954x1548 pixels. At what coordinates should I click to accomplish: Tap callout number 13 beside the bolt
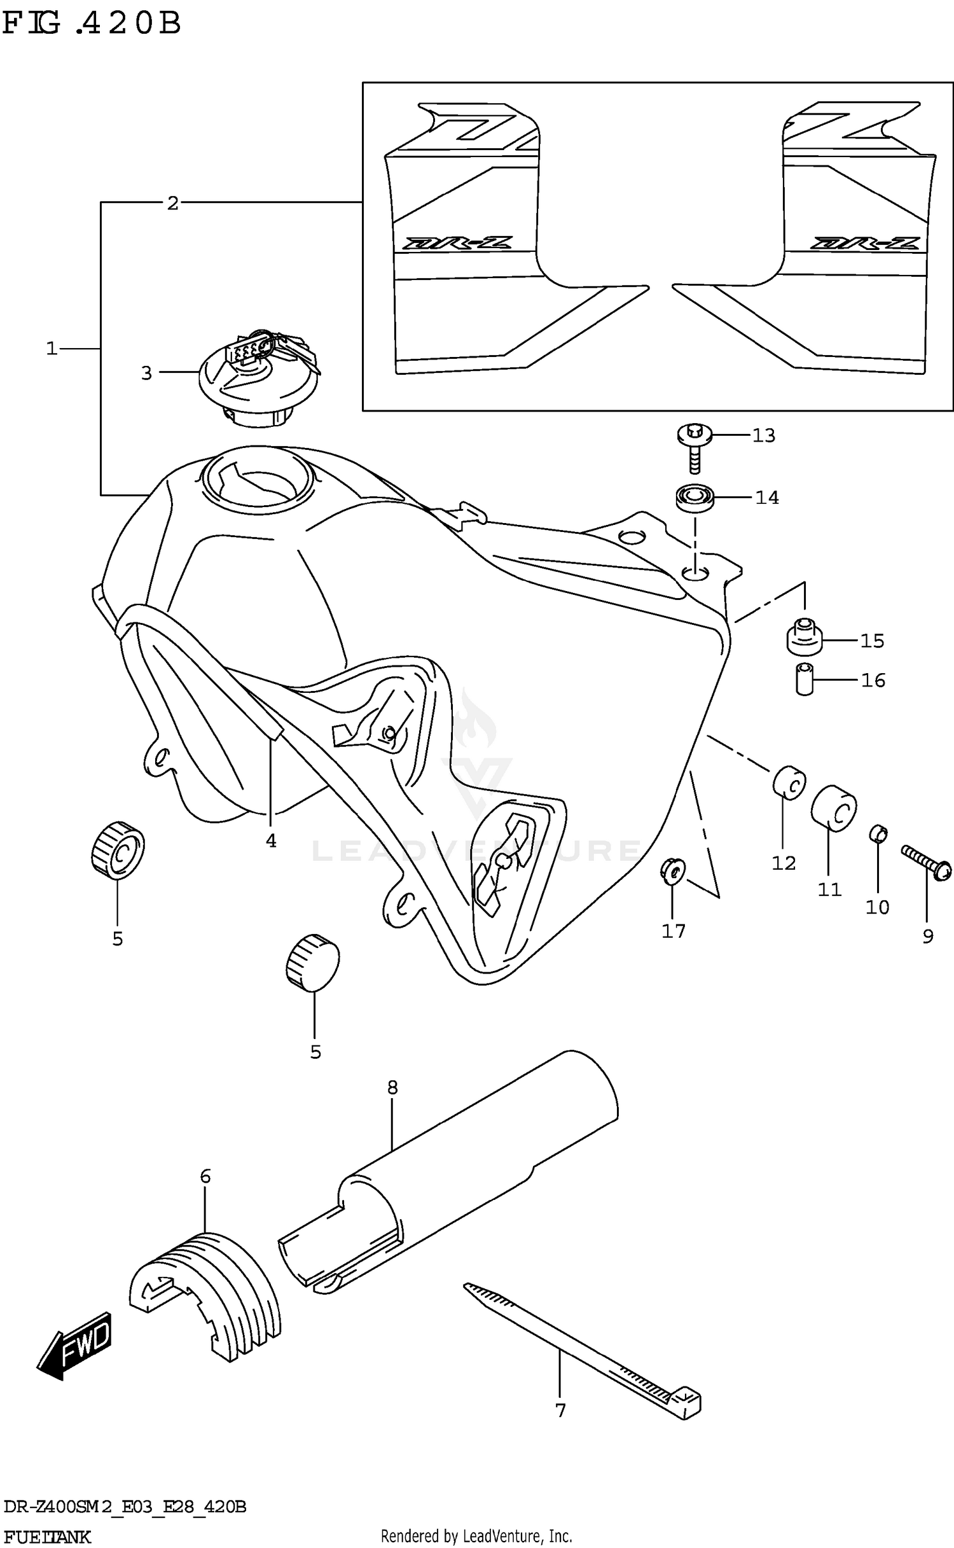click(764, 436)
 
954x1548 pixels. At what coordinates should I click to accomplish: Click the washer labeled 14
click(694, 497)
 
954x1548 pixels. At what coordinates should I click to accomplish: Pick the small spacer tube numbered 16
click(805, 679)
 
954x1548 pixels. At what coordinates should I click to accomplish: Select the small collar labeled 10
click(878, 833)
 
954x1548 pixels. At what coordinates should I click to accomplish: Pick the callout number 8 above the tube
click(392, 1087)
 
